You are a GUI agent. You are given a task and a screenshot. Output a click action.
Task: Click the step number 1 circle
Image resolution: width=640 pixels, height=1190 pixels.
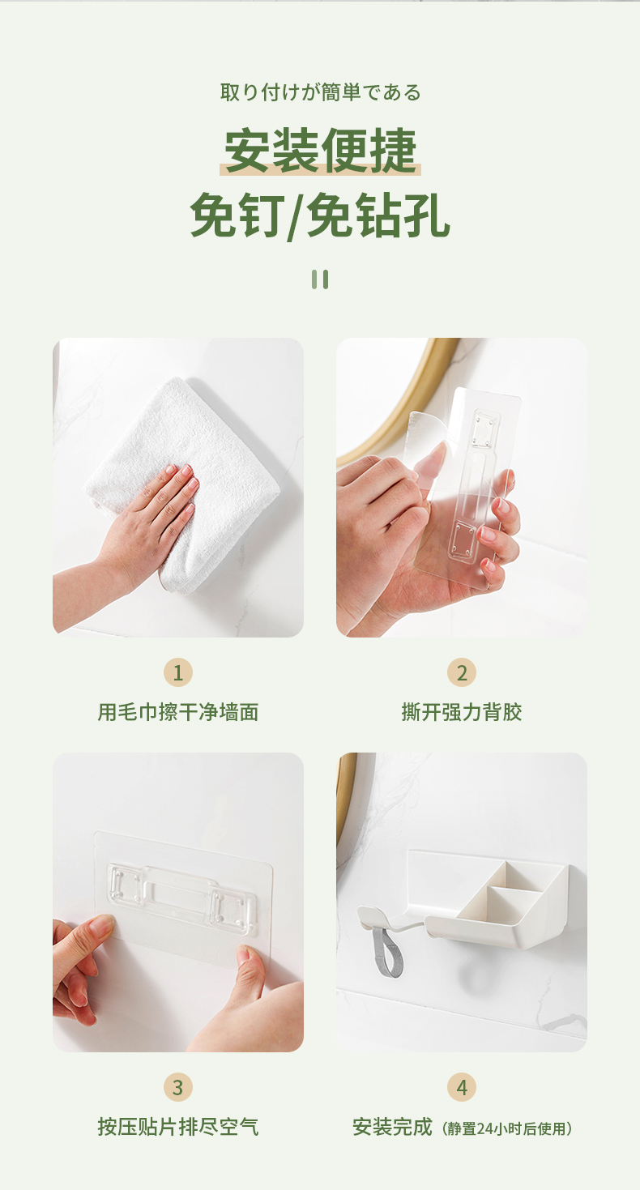[178, 672]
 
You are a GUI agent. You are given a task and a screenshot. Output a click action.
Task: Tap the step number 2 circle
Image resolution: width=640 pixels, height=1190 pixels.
[462, 672]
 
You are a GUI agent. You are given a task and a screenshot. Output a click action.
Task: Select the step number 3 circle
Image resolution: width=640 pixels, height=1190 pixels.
[178, 1087]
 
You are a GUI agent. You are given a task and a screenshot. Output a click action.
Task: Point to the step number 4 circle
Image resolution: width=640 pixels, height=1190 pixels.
[462, 1087]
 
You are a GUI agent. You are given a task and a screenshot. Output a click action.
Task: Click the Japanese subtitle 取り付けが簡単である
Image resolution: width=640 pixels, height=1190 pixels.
[320, 92]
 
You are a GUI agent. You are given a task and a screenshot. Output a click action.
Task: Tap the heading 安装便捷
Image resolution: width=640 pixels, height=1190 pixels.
[320, 150]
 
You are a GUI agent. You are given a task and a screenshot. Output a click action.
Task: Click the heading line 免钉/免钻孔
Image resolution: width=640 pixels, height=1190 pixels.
[320, 215]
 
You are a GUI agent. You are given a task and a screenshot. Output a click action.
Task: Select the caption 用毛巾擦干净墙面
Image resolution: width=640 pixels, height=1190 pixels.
[178, 712]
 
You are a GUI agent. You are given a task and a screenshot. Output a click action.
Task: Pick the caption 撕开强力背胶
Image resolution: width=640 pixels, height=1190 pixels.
[462, 712]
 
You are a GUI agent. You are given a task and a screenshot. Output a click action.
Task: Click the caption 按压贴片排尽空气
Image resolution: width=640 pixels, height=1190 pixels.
[178, 1126]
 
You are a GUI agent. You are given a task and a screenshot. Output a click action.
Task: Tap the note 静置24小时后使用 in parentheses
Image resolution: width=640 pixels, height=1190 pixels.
[507, 1128]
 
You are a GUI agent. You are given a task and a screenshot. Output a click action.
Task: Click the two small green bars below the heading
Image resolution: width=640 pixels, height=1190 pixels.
[320, 279]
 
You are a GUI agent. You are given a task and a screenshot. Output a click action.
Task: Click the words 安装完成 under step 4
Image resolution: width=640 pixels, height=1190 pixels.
[392, 1126]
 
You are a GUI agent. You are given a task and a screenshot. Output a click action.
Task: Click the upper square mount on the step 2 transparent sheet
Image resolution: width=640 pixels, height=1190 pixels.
[485, 429]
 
